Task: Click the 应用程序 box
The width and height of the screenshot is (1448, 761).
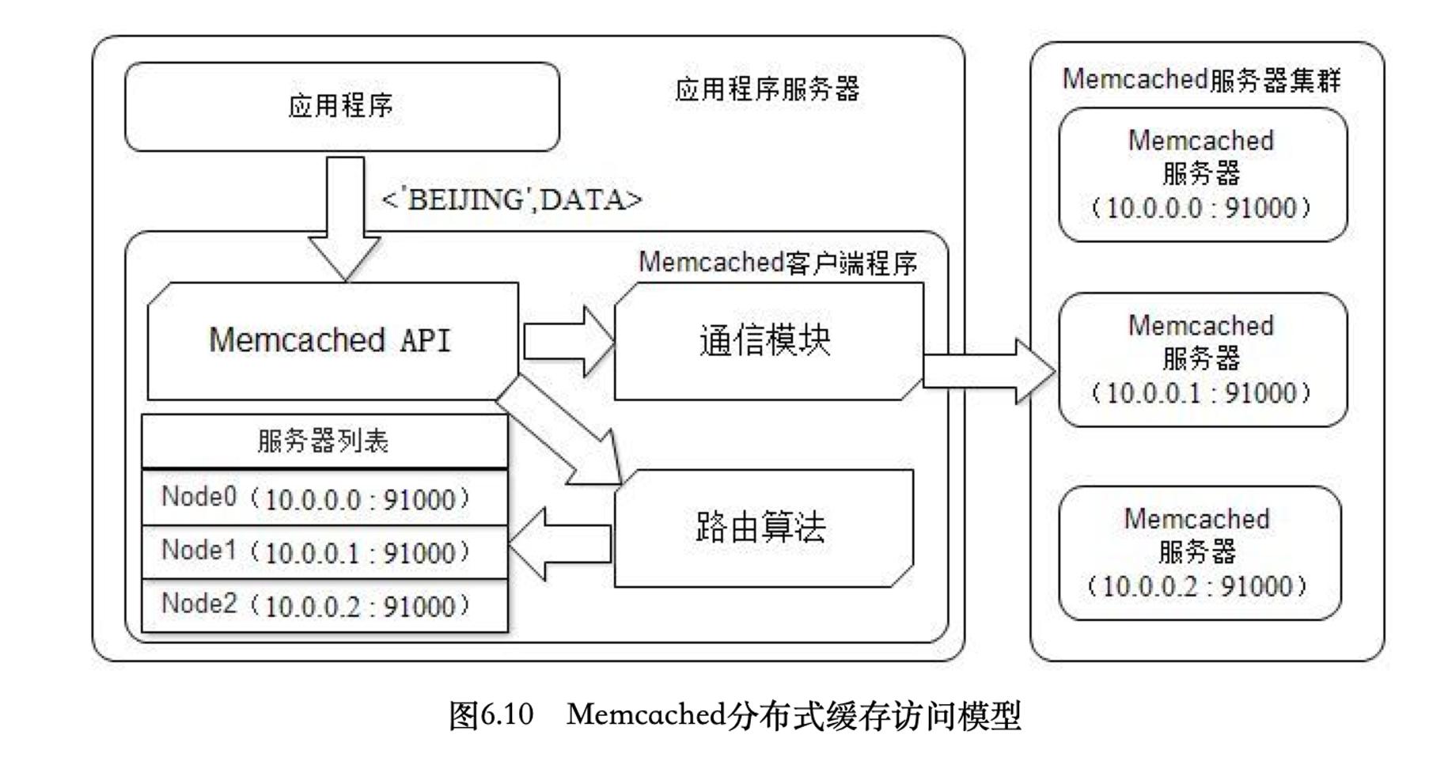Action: click(342, 107)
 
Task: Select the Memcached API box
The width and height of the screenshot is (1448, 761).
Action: click(332, 340)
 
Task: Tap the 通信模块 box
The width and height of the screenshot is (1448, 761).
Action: click(768, 341)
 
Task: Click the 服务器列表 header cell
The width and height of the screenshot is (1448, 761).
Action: click(324, 441)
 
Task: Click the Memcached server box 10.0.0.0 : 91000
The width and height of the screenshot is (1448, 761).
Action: click(1202, 175)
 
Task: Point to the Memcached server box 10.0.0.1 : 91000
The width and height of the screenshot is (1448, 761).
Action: click(1202, 360)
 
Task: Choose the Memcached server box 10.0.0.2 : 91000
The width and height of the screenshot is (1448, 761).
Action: click(1199, 553)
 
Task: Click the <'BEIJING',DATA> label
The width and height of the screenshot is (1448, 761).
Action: click(512, 199)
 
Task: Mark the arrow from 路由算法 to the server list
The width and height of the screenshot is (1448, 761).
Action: click(558, 544)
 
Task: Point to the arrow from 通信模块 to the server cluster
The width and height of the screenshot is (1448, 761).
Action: click(989, 371)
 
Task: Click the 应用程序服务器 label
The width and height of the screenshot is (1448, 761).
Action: click(767, 89)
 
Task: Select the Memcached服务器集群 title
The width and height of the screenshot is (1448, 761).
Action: click(1201, 80)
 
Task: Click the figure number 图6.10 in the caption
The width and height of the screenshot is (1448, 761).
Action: click(491, 716)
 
